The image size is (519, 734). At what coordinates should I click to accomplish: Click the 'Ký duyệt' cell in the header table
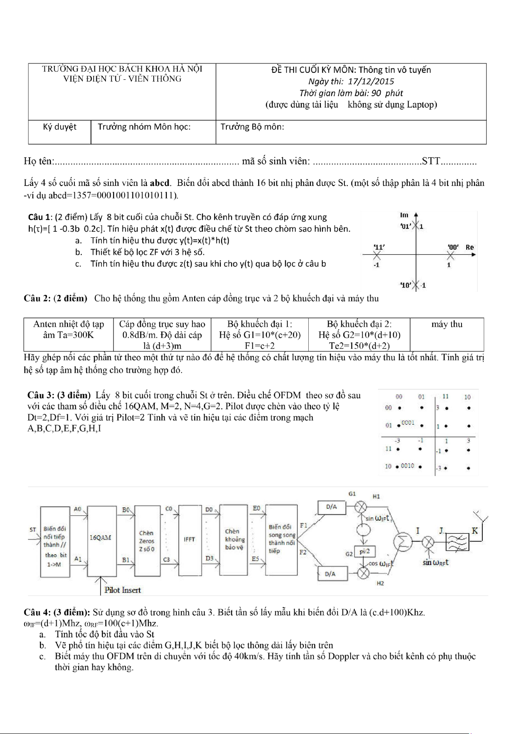[60, 127]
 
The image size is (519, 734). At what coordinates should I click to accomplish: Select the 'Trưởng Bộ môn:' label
[252, 127]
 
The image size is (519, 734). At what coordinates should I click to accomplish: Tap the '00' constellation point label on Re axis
[453, 247]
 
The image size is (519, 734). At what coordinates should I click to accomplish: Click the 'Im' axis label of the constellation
[404, 215]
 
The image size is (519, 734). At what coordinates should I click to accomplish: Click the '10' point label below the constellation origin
[406, 285]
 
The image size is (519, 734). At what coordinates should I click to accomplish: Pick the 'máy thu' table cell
[447, 325]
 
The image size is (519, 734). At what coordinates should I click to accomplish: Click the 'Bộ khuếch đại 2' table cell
[359, 335]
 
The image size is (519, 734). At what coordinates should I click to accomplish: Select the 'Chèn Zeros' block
[147, 541]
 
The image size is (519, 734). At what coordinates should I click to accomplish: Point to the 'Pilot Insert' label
[122, 590]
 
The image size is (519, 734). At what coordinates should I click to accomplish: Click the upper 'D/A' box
[331, 507]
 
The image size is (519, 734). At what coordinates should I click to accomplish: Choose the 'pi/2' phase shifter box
[364, 552]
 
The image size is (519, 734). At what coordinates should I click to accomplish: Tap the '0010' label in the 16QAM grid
[408, 466]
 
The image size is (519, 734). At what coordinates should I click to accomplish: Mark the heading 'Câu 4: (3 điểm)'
[57, 612]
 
